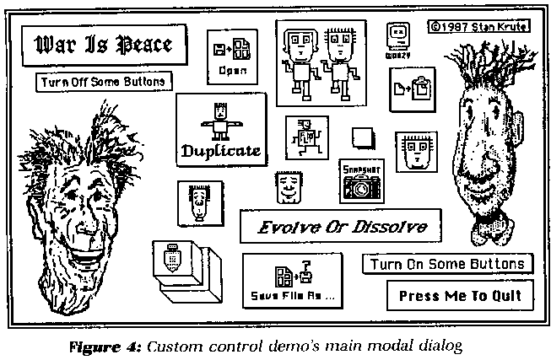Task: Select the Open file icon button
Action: tap(232, 56)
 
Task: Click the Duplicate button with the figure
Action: tap(220, 129)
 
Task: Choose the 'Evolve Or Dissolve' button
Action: tap(342, 227)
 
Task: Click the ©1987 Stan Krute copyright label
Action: tap(478, 25)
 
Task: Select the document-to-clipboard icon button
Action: tap(413, 86)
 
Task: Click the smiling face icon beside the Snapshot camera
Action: tap(289, 187)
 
